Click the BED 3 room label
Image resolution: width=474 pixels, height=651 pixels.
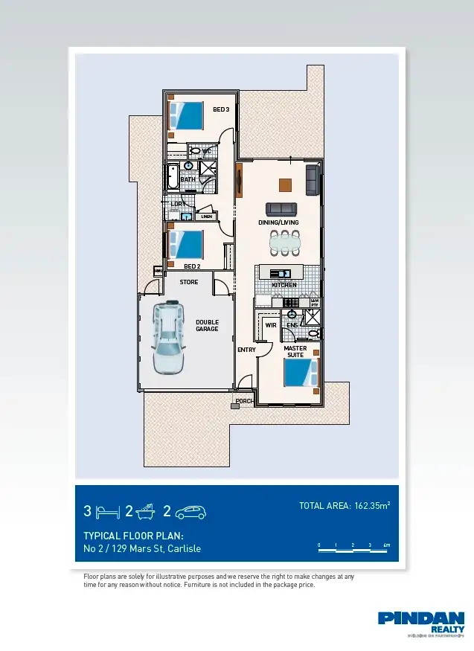pyautogui.click(x=221, y=109)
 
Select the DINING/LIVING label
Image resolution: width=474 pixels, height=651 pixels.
pyautogui.click(x=278, y=222)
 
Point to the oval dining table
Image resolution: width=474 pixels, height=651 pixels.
pyautogui.click(x=284, y=241)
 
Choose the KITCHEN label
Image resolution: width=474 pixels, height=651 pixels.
pyautogui.click(x=284, y=285)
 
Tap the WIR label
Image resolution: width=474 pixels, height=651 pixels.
pyautogui.click(x=271, y=325)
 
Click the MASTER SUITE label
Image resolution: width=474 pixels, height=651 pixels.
pyautogui.click(x=295, y=351)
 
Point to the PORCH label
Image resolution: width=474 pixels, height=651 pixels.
pyautogui.click(x=245, y=401)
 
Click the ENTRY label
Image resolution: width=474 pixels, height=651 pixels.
pyautogui.click(x=246, y=350)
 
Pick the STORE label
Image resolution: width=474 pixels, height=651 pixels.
pyautogui.click(x=189, y=282)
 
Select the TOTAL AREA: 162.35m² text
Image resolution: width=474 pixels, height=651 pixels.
pyautogui.click(x=345, y=506)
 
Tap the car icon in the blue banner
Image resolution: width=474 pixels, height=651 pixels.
pyautogui.click(x=190, y=512)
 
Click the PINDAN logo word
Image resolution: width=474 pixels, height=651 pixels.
pyautogui.click(x=421, y=618)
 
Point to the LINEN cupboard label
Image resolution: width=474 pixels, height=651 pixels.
pyautogui.click(x=206, y=217)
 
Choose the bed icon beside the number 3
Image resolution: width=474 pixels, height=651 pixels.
pyautogui.click(x=107, y=512)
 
